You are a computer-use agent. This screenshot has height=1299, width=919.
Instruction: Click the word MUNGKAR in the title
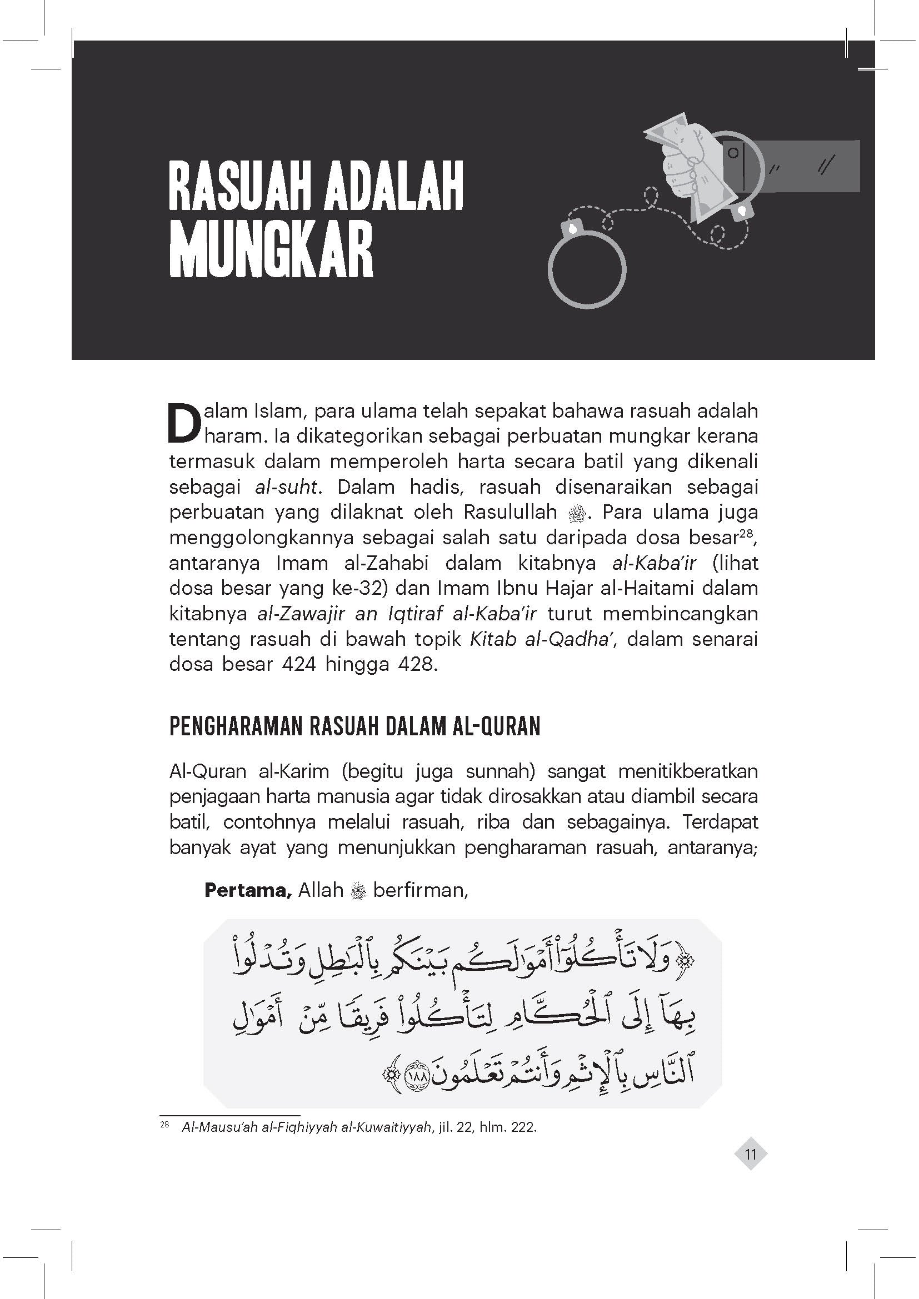[271, 250]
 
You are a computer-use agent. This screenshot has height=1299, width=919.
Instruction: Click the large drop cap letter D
[184, 422]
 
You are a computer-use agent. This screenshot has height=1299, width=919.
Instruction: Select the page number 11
[751, 1153]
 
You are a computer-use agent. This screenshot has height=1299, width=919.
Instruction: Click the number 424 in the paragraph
[298, 664]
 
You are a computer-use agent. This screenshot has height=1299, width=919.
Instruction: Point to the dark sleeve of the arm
[803, 165]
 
